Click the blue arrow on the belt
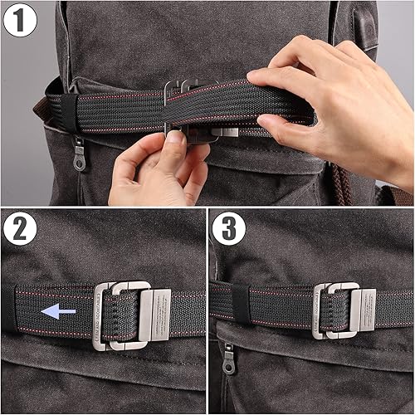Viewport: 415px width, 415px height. click(x=59, y=311)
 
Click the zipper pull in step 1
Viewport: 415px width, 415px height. click(x=79, y=155)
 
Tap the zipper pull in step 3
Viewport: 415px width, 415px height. click(x=227, y=359)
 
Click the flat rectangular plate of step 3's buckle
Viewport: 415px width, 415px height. click(x=366, y=310)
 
